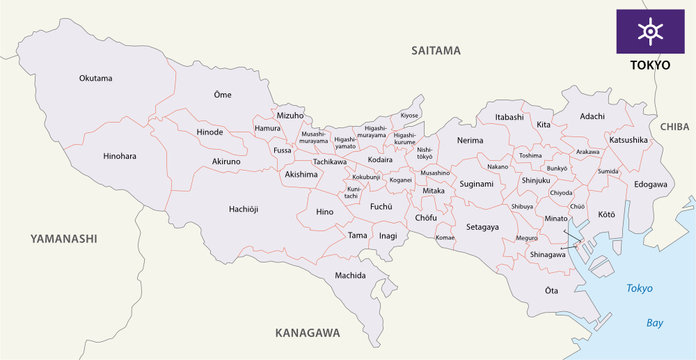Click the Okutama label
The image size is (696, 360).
coord(96,78)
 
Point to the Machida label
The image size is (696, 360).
coord(350,275)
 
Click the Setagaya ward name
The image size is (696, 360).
coord(481,227)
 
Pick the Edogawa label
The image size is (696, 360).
coord(650,184)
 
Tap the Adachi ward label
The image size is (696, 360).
coord(592,116)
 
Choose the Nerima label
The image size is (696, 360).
coord(469,141)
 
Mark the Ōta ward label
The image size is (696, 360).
coord(551,290)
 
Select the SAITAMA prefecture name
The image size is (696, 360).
coord(435,49)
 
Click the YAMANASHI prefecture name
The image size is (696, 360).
coord(64,238)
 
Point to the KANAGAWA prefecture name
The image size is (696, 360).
coord(307,332)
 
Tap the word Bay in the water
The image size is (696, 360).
coord(654,323)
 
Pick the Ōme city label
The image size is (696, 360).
coord(222,95)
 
